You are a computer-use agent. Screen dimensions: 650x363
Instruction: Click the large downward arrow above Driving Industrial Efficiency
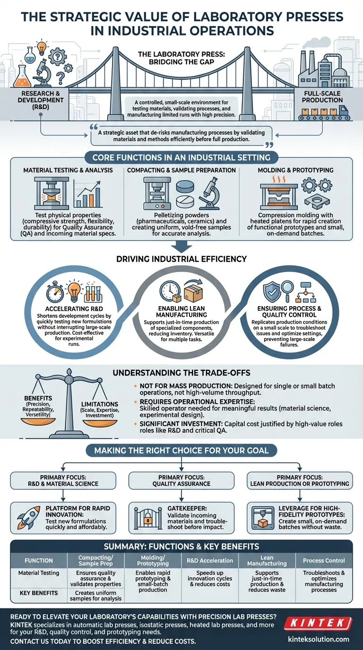point(181,244)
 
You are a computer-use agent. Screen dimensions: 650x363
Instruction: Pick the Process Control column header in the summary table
point(324,561)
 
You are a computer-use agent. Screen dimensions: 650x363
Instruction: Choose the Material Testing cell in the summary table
point(39,573)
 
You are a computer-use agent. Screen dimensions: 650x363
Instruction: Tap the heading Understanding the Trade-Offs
point(181,373)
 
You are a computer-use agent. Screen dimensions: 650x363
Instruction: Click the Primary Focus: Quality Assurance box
point(181,480)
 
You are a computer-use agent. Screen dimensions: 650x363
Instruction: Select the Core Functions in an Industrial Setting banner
point(181,157)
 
